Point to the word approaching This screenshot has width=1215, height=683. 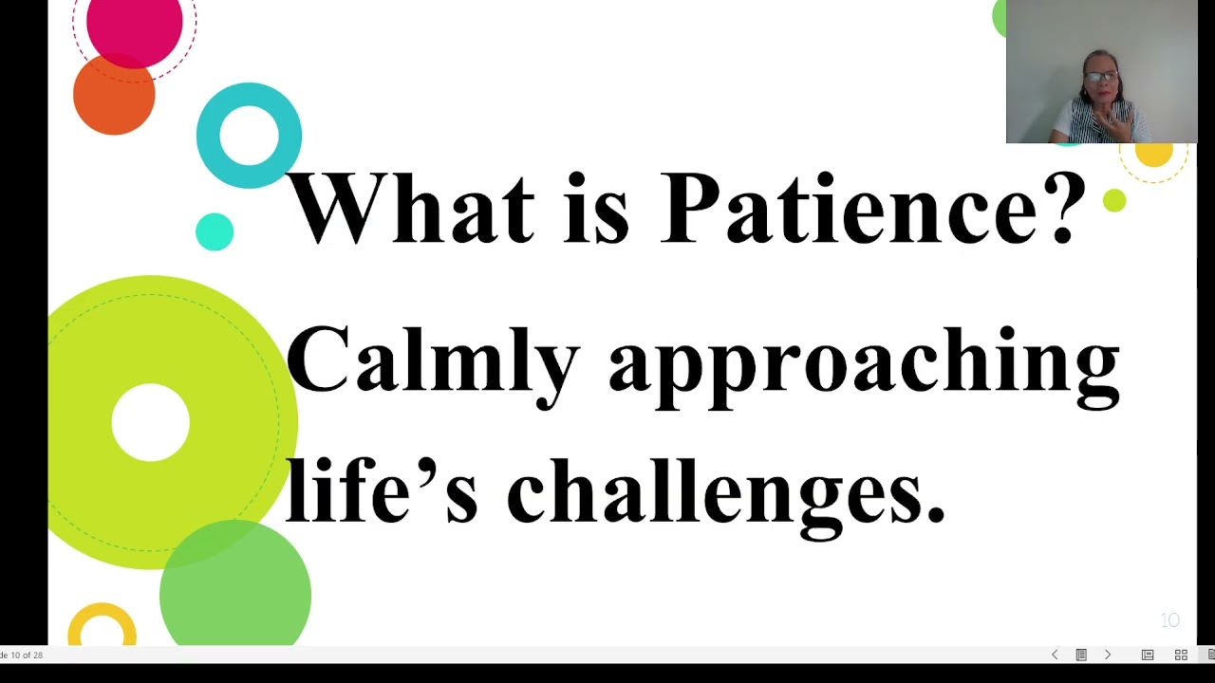(864, 365)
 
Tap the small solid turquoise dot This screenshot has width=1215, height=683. (215, 231)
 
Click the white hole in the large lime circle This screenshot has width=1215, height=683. (150, 423)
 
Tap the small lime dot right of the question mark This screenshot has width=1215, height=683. (1114, 200)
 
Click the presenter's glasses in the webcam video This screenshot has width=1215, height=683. (1101, 76)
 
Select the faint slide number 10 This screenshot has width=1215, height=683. (1169, 620)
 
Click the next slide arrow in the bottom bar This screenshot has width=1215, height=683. (1107, 655)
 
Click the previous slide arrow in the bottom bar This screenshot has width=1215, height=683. (1055, 655)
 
